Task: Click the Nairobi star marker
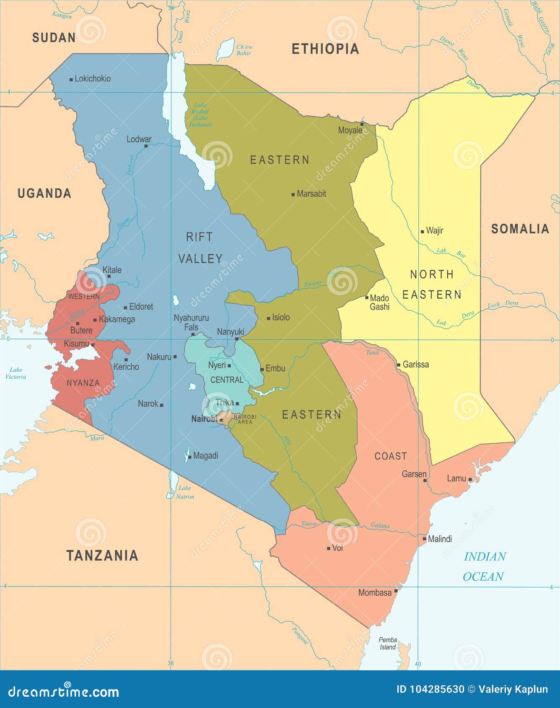221,420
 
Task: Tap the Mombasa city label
375,593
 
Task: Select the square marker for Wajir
423,231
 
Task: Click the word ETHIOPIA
325,49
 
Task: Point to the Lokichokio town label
93,79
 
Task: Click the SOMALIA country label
520,229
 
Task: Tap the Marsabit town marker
293,194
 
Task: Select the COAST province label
391,456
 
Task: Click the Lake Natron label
185,492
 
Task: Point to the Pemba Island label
388,643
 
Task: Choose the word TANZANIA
102,556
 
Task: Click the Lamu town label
456,478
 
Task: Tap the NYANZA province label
83,383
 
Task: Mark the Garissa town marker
399,365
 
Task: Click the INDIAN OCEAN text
484,566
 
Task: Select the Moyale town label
350,130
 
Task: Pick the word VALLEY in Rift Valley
200,259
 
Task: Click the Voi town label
337,548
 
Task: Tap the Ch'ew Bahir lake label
244,50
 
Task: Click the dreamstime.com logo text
64,692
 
